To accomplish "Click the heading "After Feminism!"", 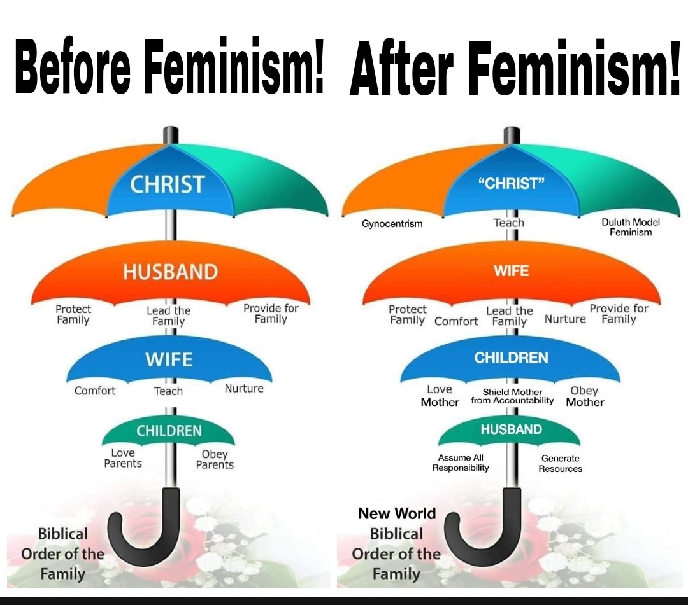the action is click(515, 67).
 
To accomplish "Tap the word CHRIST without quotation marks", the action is click(167, 184).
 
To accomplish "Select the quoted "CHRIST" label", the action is click(511, 183).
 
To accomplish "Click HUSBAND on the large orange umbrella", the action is click(170, 272).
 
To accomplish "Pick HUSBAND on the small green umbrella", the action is click(511, 429).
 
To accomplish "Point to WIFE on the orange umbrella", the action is click(511, 271).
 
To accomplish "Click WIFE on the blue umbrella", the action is click(169, 359).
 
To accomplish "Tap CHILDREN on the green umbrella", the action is click(169, 431).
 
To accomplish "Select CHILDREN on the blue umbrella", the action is click(511, 358).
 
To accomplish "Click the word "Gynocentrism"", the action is click(392, 224).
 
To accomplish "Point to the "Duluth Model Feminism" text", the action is click(631, 227).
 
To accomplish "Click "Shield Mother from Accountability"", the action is click(512, 396).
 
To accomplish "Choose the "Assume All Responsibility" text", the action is click(461, 462).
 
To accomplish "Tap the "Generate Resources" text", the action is click(561, 464).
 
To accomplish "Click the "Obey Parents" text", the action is click(215, 459).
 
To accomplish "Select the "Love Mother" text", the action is click(440, 396).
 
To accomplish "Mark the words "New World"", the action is click(397, 513).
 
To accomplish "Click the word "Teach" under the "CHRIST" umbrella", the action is click(508, 223).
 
